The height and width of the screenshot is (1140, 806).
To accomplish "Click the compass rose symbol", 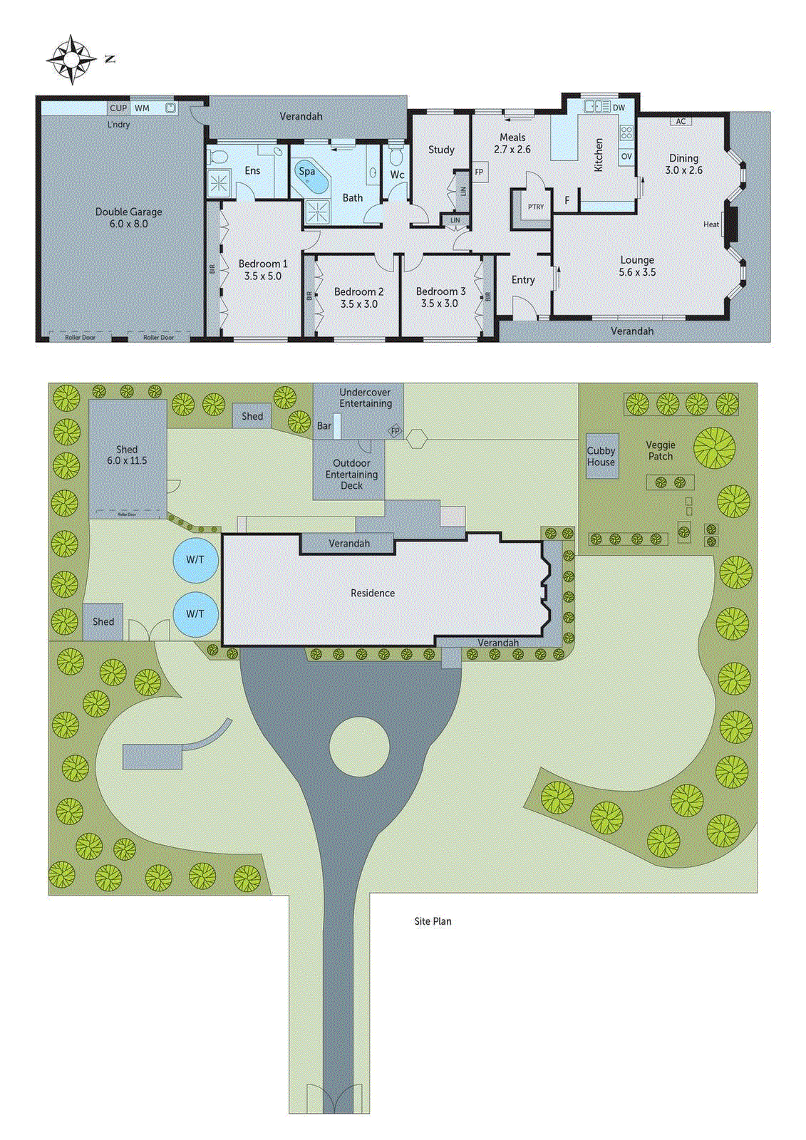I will (x=71, y=59).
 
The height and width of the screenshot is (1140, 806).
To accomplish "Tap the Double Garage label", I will (x=128, y=217).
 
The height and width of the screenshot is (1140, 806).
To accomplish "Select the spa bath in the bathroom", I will (x=310, y=176).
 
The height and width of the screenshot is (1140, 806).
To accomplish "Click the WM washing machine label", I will (x=143, y=108).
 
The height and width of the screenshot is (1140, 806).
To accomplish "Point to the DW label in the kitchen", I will (x=619, y=108).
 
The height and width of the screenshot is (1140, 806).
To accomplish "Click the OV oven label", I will (x=626, y=156).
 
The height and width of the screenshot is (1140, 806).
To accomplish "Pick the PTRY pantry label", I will (x=536, y=207).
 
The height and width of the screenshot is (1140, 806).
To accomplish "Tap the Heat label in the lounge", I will (x=711, y=224).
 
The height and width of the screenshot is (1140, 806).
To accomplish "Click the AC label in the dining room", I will (x=681, y=121).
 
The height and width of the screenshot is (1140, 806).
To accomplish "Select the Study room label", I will (x=441, y=150).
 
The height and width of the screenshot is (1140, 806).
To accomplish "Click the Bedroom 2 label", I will (x=358, y=298).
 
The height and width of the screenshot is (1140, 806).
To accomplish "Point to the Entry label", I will (x=523, y=280).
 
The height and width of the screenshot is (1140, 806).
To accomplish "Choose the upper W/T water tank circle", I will (x=195, y=560).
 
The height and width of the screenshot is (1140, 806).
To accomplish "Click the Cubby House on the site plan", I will (x=601, y=456).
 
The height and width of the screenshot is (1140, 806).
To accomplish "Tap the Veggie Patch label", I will (x=661, y=450).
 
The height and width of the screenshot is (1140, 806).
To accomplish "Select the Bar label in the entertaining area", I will (x=324, y=426).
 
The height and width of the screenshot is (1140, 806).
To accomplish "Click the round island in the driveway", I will (x=359, y=747).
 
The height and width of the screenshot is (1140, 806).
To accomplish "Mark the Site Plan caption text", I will (x=433, y=921).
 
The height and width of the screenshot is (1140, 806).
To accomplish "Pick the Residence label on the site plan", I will (x=372, y=593).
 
